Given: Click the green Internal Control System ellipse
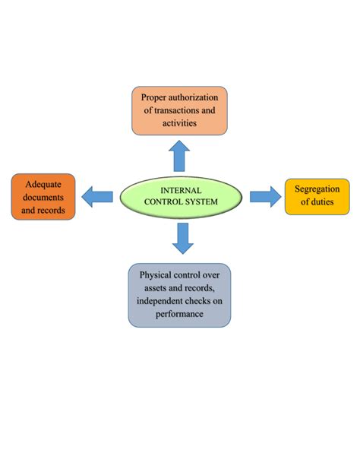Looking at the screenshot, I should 179,196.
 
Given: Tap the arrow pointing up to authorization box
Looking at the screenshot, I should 179,156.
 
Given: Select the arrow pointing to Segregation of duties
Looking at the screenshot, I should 264,196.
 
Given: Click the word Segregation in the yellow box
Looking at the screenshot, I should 317,188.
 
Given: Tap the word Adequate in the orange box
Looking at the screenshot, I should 44,185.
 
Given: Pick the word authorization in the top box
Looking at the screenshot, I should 197,97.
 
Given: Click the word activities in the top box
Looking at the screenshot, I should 179,122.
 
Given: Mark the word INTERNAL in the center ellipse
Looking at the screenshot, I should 179,190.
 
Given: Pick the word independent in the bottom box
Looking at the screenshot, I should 162,300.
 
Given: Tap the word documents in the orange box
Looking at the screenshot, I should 44,197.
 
